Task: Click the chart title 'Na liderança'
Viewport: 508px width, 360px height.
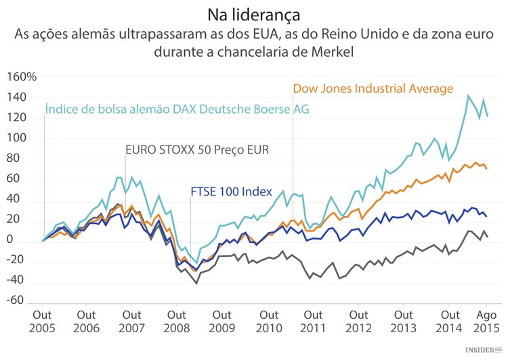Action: tap(253, 14)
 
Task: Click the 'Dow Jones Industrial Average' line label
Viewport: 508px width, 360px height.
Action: tap(373, 89)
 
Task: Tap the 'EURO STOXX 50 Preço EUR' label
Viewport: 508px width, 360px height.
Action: tap(197, 150)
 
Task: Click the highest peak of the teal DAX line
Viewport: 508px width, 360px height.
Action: tap(469, 95)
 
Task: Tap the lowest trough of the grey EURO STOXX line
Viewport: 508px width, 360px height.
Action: tap(196, 283)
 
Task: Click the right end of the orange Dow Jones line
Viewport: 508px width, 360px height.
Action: tap(487, 168)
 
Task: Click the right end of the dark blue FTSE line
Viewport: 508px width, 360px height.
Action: tap(487, 217)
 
